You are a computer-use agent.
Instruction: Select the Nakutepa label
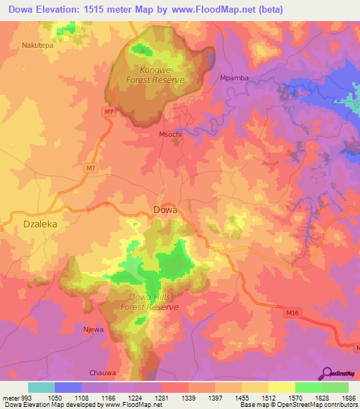point(38,44)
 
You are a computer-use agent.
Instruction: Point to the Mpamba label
point(235,78)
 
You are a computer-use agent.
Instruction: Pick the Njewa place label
point(94,329)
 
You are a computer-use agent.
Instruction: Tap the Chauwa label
point(102,372)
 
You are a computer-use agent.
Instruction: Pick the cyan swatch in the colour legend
point(41,387)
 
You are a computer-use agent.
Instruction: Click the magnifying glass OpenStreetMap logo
point(327,373)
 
